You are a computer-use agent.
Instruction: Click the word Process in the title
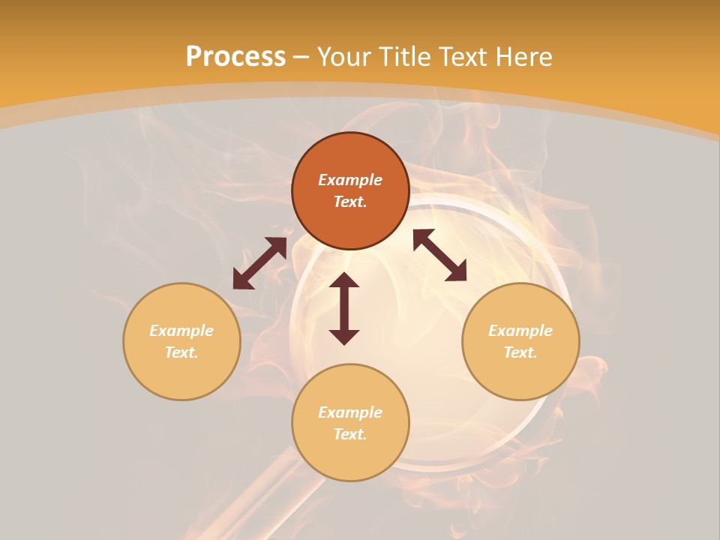pyautogui.click(x=235, y=57)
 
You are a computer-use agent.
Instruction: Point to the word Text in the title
pyautogui.click(x=463, y=57)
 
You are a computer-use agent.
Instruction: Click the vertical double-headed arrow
pyautogui.click(x=344, y=309)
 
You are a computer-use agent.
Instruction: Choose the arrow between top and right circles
pyautogui.click(x=440, y=255)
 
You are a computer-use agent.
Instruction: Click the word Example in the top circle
pyautogui.click(x=350, y=180)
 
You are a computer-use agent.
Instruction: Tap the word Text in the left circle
pyautogui.click(x=181, y=352)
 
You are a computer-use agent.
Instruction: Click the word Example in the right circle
pyautogui.click(x=520, y=331)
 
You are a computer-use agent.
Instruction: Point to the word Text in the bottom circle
pyautogui.click(x=350, y=434)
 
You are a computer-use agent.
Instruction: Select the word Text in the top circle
pyautogui.click(x=350, y=202)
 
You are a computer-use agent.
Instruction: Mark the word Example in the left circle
pyautogui.click(x=181, y=331)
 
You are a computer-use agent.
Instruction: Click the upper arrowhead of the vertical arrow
pyautogui.click(x=344, y=280)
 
